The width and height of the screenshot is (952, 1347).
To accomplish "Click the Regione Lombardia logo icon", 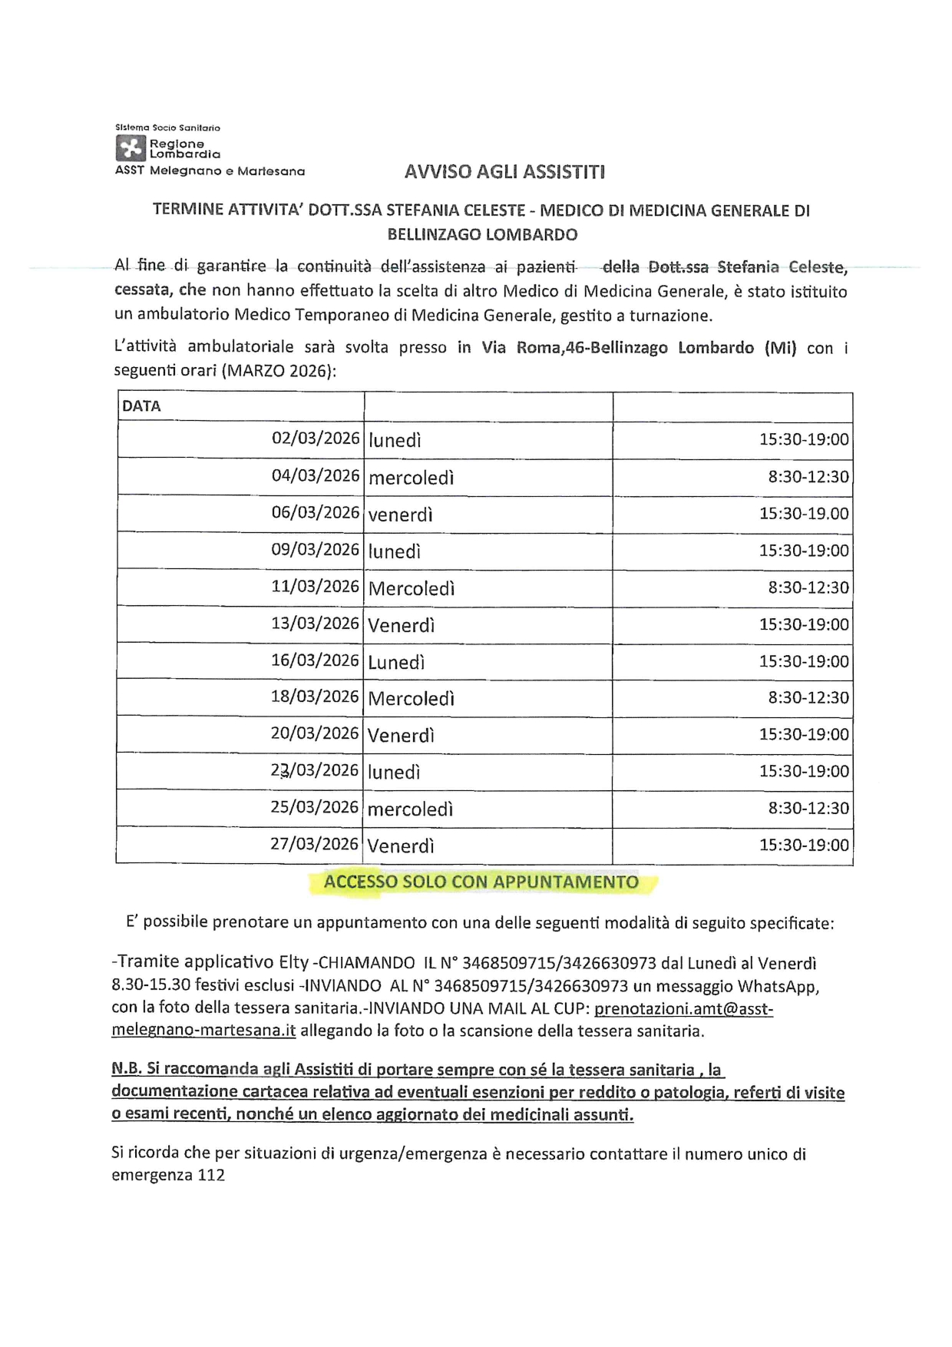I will (x=131, y=148).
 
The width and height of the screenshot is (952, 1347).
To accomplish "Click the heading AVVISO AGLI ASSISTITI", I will (x=504, y=172).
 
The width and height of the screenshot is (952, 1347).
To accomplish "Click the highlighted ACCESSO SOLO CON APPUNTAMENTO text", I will (x=481, y=882).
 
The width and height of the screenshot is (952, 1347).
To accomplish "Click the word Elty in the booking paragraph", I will (x=294, y=962).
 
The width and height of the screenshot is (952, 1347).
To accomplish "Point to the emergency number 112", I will (x=211, y=1175).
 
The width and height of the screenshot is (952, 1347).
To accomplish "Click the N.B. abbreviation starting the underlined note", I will (x=125, y=1069).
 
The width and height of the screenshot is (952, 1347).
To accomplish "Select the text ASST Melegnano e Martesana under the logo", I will (x=210, y=171).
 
